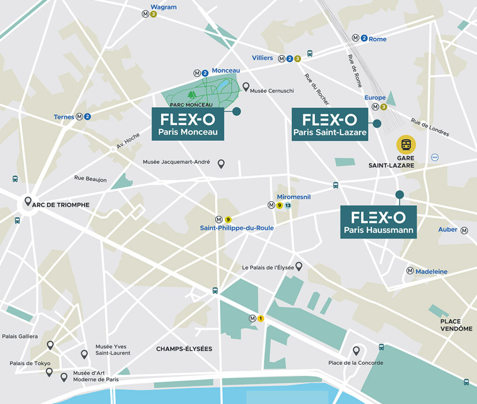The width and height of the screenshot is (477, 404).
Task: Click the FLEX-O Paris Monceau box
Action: tap(187, 124)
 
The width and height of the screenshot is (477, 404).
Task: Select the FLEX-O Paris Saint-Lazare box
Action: tap(330, 124)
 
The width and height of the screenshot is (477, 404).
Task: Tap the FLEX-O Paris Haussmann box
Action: tap(378, 222)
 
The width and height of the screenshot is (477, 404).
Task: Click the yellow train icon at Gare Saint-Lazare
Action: tap(406, 144)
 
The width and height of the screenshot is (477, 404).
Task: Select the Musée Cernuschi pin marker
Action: tap(245, 87)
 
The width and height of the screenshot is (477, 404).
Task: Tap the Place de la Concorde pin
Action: tap(356, 351)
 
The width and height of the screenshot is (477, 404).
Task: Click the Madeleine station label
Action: tap(431, 271)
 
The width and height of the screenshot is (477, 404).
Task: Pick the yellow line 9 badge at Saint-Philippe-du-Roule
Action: tap(228, 219)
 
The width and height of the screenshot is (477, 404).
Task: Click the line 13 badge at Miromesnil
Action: tap(288, 205)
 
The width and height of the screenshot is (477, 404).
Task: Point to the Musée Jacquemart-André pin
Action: tap(221, 164)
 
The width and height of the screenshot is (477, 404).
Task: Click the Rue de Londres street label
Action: tap(430, 127)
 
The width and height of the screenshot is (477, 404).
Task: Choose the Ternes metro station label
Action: tap(64, 116)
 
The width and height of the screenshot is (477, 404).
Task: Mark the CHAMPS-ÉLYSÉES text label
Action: tap(184, 349)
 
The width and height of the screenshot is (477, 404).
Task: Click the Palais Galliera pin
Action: tap(50, 345)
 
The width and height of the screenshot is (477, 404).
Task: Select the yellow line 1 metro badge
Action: tap(261, 319)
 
